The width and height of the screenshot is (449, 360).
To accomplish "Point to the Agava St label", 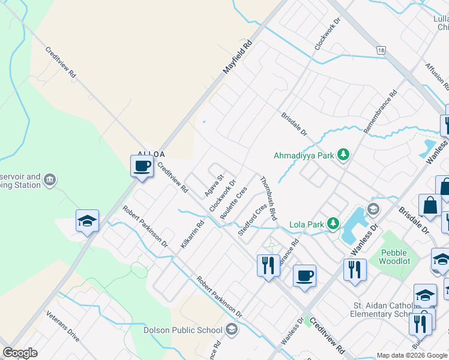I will [214, 185].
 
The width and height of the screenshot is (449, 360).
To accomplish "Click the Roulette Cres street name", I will [234, 202].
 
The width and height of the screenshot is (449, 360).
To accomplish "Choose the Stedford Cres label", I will [252, 220].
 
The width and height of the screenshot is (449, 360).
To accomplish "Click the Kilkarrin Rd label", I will [193, 235].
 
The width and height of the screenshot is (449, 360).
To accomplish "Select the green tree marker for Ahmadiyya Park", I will [343, 155].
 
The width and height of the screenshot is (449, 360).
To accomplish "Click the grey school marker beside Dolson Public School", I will [232, 329].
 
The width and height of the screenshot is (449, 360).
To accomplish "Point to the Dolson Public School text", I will [182, 329].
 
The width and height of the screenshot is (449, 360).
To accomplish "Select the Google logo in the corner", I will [20, 352].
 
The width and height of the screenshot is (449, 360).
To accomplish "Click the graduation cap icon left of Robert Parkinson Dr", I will [87, 221].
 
